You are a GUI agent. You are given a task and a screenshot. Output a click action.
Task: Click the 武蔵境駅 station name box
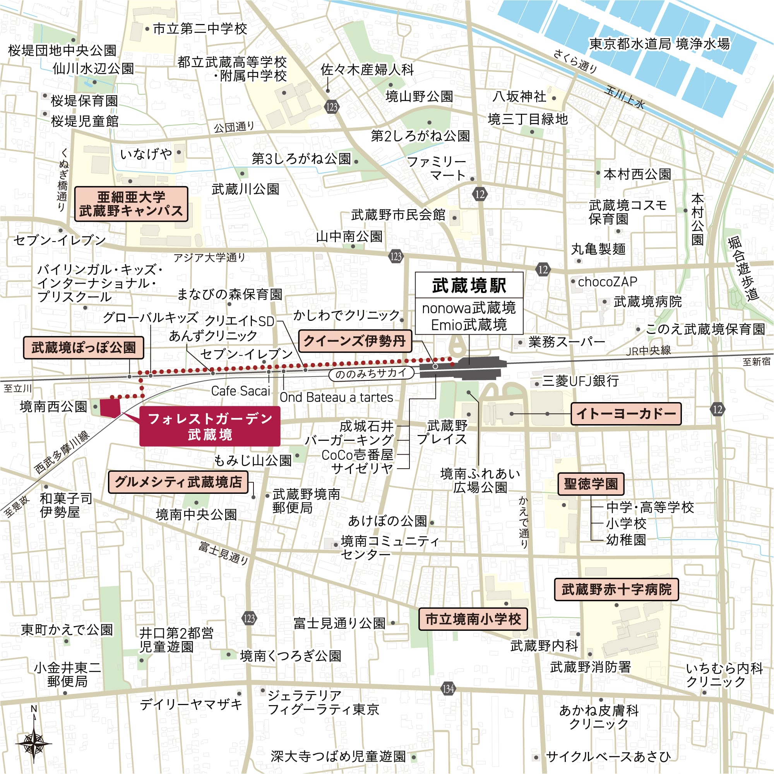click(x=469, y=285)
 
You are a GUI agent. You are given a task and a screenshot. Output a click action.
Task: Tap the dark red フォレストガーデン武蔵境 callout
click(x=209, y=426)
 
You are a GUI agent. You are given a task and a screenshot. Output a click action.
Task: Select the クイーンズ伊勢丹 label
click(x=355, y=341)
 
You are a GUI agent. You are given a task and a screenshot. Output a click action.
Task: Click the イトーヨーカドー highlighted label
click(x=626, y=413)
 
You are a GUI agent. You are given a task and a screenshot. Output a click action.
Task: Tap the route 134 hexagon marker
click(x=448, y=689)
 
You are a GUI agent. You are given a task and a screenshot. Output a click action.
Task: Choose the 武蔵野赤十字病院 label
click(x=616, y=589)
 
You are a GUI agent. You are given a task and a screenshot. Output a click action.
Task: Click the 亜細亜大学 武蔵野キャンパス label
click(x=131, y=204)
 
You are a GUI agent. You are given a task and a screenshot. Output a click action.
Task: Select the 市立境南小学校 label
click(x=473, y=619)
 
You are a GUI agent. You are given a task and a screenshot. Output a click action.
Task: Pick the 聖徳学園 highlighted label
click(x=591, y=484)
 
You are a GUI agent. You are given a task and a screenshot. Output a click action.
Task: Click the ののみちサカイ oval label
click(x=371, y=373)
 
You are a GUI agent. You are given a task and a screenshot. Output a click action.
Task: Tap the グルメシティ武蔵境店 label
click(x=178, y=481)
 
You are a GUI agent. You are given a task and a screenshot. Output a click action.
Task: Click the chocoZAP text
click(x=607, y=282)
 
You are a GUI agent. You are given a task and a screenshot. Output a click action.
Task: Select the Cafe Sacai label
click(x=240, y=391)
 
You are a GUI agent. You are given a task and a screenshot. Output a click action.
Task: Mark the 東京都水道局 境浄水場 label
click(x=659, y=44)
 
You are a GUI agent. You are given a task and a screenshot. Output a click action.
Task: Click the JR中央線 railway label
click(x=648, y=351)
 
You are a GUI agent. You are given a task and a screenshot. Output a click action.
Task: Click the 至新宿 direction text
click(x=756, y=362)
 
